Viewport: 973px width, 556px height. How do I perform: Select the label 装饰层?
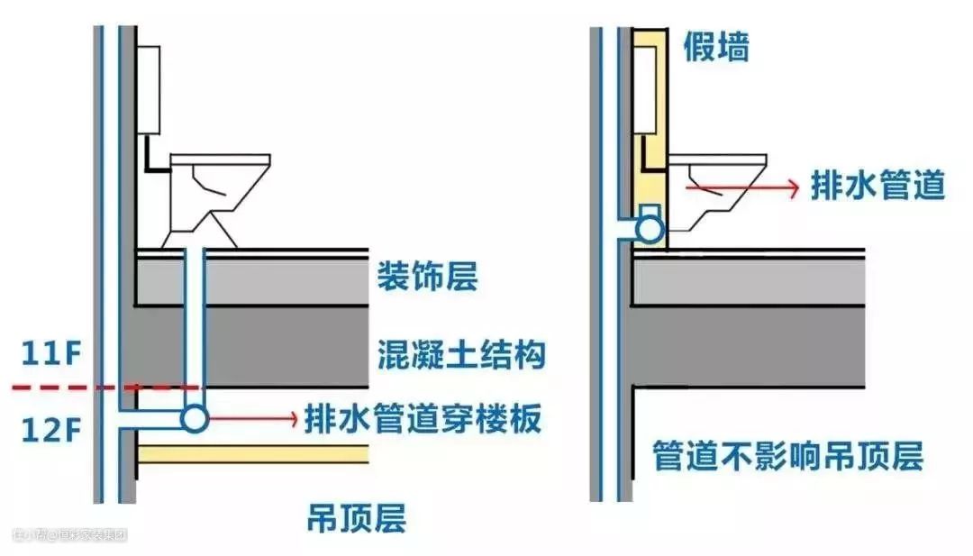pos(427,277)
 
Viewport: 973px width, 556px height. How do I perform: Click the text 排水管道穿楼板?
pos(423,418)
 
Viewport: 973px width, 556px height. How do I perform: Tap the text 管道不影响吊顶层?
pos(788,456)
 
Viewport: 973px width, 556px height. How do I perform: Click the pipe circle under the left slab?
pos(193,418)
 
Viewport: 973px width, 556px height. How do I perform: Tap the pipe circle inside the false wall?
pos(649,229)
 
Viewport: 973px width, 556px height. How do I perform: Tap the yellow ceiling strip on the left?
pos(252,453)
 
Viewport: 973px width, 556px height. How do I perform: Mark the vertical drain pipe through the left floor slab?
pos(193,324)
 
